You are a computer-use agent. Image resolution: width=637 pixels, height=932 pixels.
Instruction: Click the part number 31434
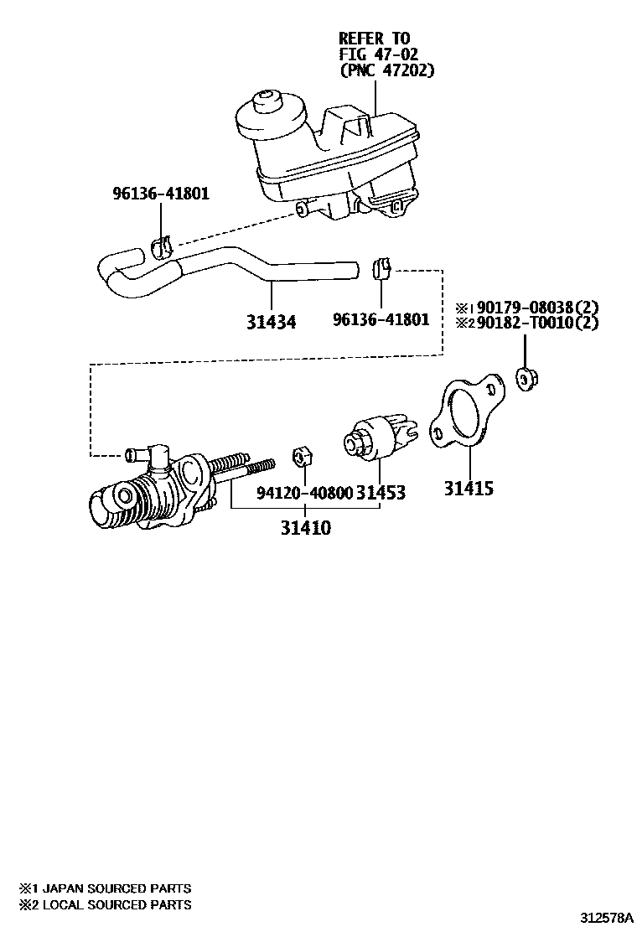point(272,320)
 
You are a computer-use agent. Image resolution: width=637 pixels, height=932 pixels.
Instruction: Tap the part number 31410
point(305,528)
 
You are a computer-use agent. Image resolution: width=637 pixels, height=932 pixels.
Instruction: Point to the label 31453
point(381,492)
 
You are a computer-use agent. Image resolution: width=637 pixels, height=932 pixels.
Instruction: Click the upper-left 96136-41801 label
point(161,194)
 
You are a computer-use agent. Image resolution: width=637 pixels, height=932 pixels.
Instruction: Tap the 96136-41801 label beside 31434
point(381,319)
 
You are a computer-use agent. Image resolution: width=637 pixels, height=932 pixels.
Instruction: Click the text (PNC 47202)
point(386,71)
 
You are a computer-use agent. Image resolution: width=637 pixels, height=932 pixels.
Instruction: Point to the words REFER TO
point(374,39)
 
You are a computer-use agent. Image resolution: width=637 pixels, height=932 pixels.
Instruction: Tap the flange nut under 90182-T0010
point(526,379)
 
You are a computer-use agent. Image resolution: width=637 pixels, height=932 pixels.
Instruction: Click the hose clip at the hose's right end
point(381,267)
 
